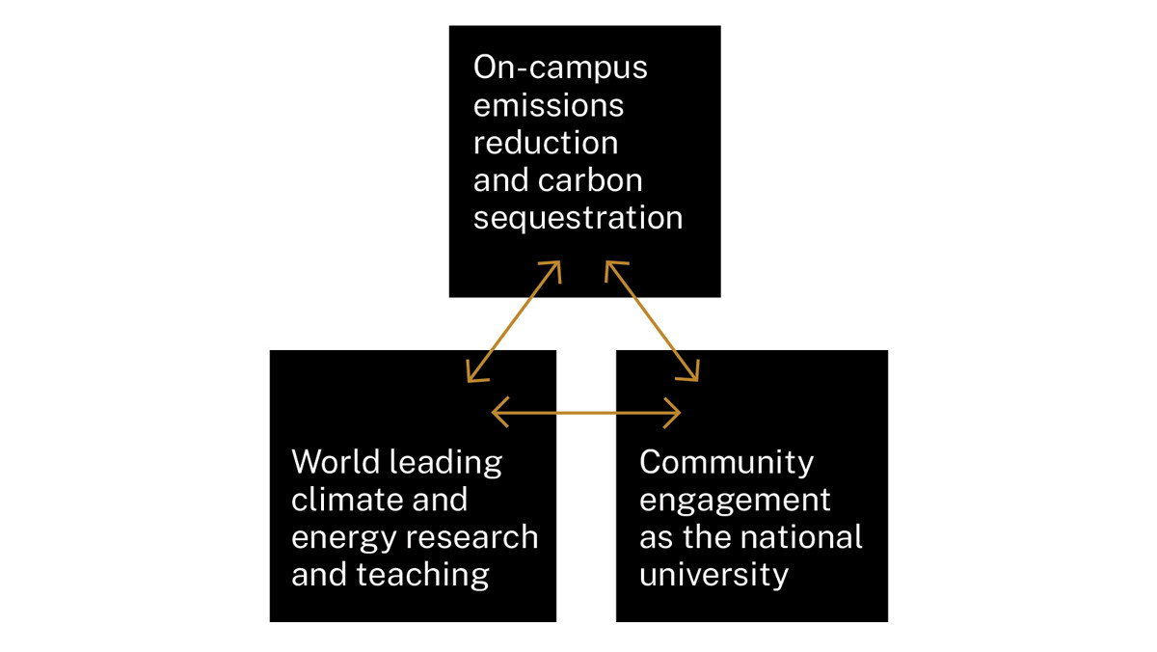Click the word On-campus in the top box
(560, 68)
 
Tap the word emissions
(548, 105)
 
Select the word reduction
(545, 143)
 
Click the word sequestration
(578, 218)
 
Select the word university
(713, 576)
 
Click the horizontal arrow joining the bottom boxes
(586, 413)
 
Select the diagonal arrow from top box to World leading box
(513, 321)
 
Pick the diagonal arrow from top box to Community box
(652, 321)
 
